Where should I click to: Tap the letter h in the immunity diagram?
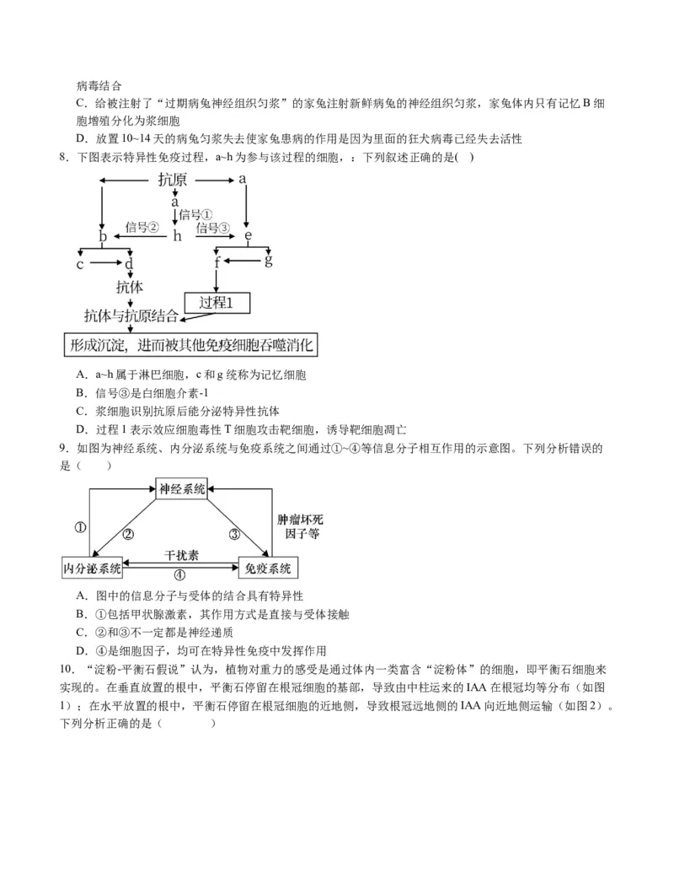click(x=177, y=236)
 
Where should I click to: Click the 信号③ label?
click(x=212, y=228)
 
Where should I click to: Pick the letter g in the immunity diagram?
click(x=268, y=259)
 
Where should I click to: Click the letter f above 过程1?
click(x=217, y=262)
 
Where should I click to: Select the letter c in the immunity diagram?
click(x=80, y=264)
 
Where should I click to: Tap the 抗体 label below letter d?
click(x=129, y=287)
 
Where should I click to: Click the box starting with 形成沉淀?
click(x=192, y=345)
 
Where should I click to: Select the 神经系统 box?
click(x=181, y=488)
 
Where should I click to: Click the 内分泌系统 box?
click(x=93, y=568)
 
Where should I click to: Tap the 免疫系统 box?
click(x=268, y=568)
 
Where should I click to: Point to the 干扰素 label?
click(x=181, y=556)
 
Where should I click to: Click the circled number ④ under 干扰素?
click(x=179, y=575)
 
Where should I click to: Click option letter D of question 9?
click(x=81, y=650)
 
